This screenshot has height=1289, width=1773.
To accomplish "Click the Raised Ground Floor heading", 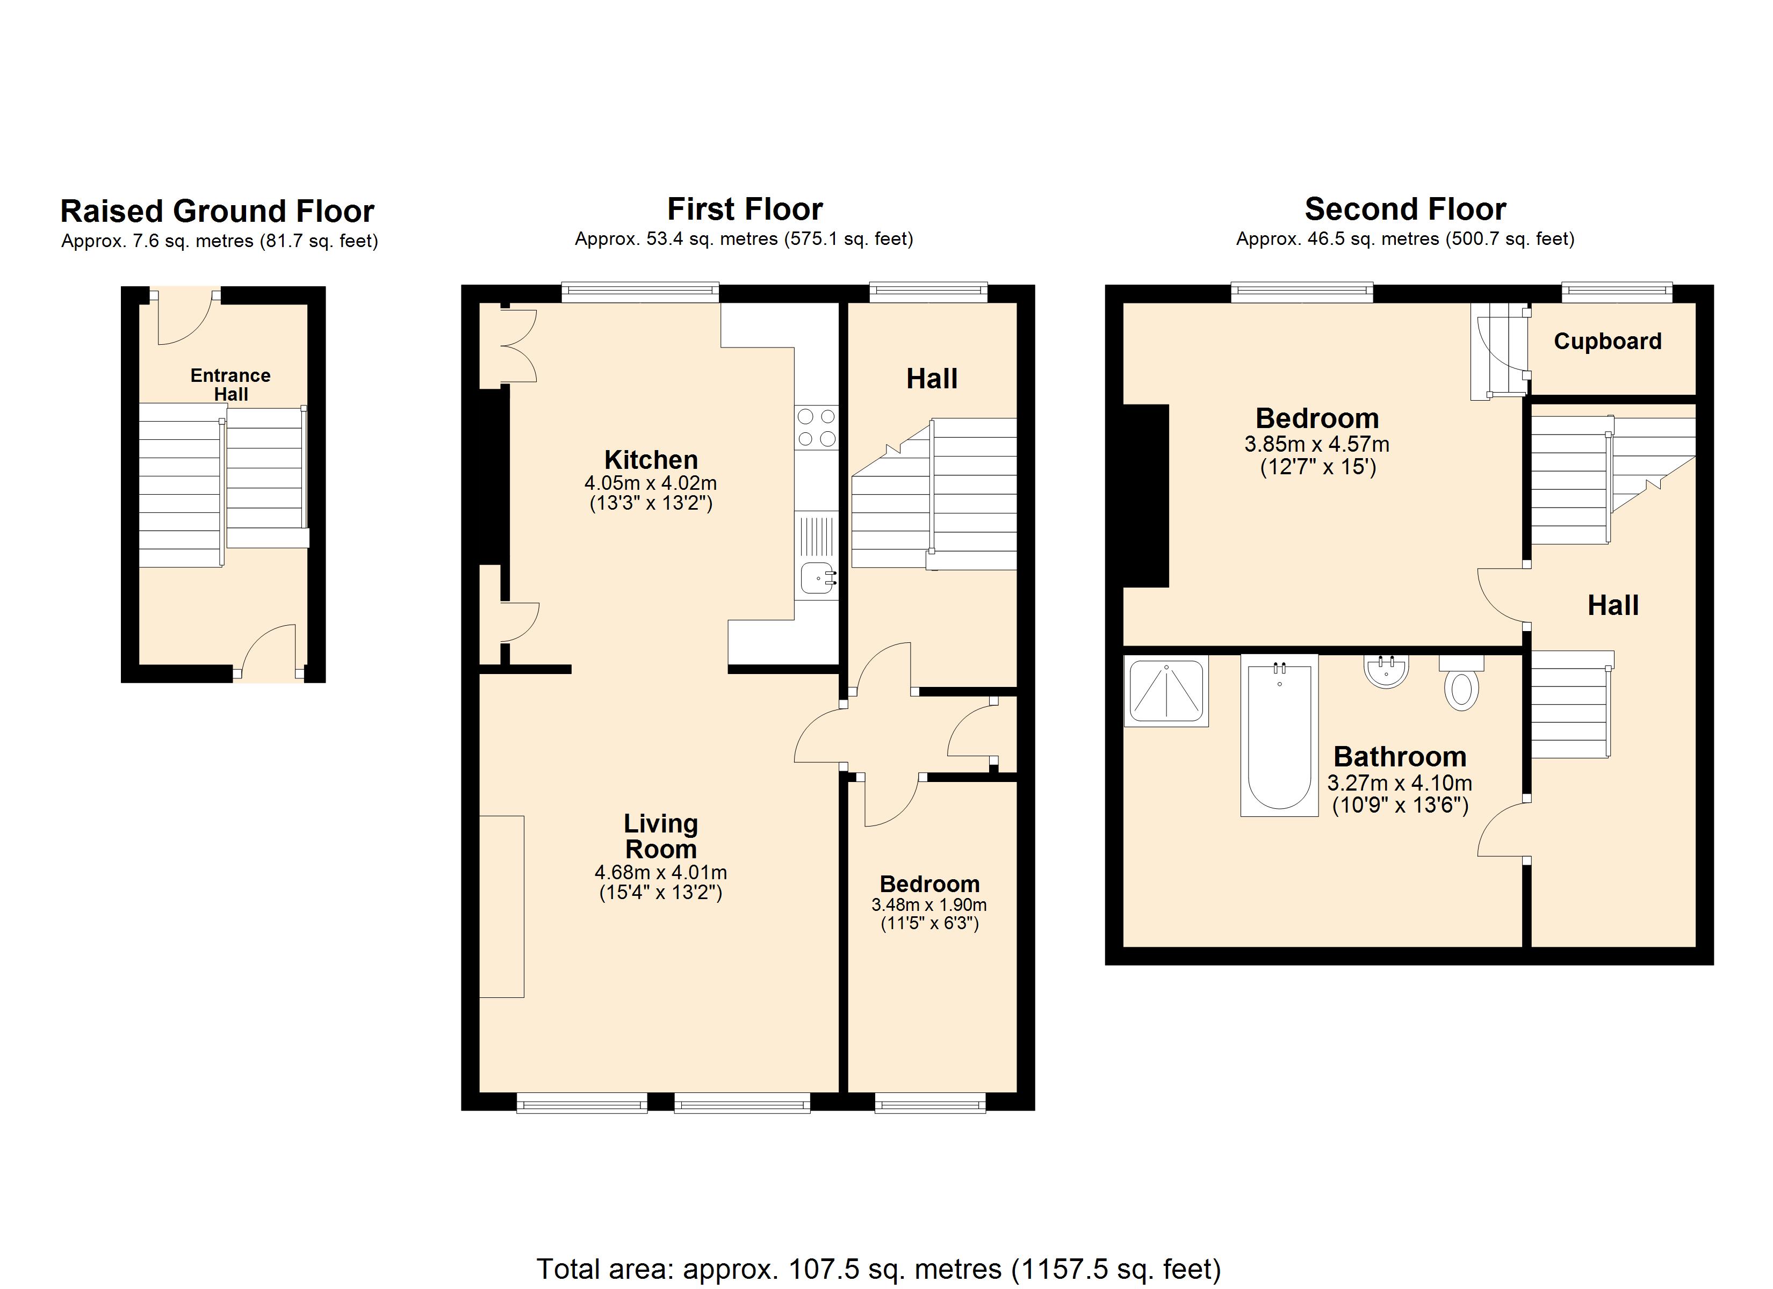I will pyautogui.click(x=217, y=212).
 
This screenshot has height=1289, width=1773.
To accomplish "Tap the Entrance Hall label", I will pyautogui.click(x=230, y=385).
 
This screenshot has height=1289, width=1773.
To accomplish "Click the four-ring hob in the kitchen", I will pyautogui.click(x=816, y=428).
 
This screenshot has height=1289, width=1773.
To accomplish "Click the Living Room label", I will pyautogui.click(x=660, y=836).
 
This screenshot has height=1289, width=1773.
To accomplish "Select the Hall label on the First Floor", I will pyautogui.click(x=932, y=379).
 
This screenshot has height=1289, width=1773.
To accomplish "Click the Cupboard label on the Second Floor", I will pyautogui.click(x=1608, y=342).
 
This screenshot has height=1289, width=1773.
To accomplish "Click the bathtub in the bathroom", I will pyautogui.click(x=1279, y=735).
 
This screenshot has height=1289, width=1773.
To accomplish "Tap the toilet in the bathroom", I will pyautogui.click(x=1461, y=685).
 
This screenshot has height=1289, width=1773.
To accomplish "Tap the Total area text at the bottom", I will pyautogui.click(x=878, y=1269).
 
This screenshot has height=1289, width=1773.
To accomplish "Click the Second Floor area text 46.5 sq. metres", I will pyautogui.click(x=1405, y=239).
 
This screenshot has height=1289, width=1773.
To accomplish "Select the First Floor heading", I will pyautogui.click(x=744, y=209).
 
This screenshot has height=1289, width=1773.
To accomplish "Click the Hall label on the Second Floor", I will pyautogui.click(x=1613, y=606).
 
